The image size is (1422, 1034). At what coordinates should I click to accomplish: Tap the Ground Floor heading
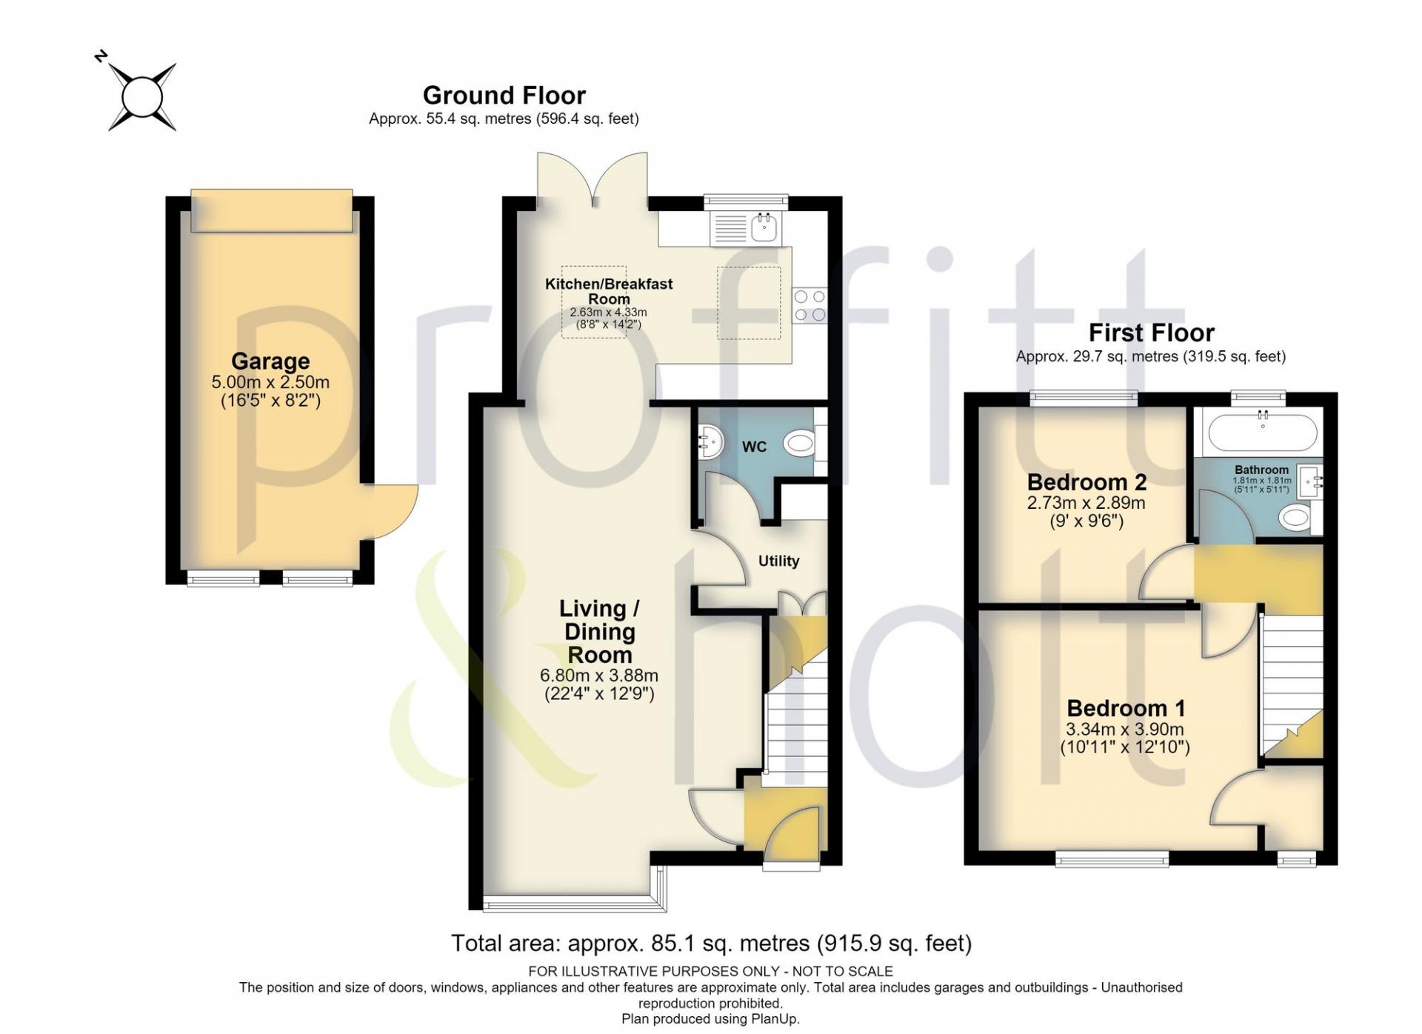(x=504, y=95)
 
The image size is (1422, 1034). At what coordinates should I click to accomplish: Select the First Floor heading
(x=1151, y=333)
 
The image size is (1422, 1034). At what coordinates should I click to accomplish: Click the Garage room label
(x=270, y=361)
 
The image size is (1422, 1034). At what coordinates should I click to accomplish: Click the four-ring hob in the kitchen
(x=810, y=306)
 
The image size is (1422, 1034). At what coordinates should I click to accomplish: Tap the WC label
(x=754, y=447)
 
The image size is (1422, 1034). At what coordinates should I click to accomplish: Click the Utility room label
(x=778, y=561)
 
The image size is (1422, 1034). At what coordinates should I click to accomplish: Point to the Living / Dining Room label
(x=599, y=631)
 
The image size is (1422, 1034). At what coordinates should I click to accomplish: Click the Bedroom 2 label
(x=1086, y=482)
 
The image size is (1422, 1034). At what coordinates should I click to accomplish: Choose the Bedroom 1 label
(x=1126, y=708)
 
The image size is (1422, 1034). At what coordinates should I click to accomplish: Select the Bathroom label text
(x=1261, y=470)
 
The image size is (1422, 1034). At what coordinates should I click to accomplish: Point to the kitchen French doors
(x=592, y=178)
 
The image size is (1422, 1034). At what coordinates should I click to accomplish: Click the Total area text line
(x=711, y=943)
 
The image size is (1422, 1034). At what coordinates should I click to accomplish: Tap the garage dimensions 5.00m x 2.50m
(x=270, y=383)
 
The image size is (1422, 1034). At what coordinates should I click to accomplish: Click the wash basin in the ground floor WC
(x=709, y=442)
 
